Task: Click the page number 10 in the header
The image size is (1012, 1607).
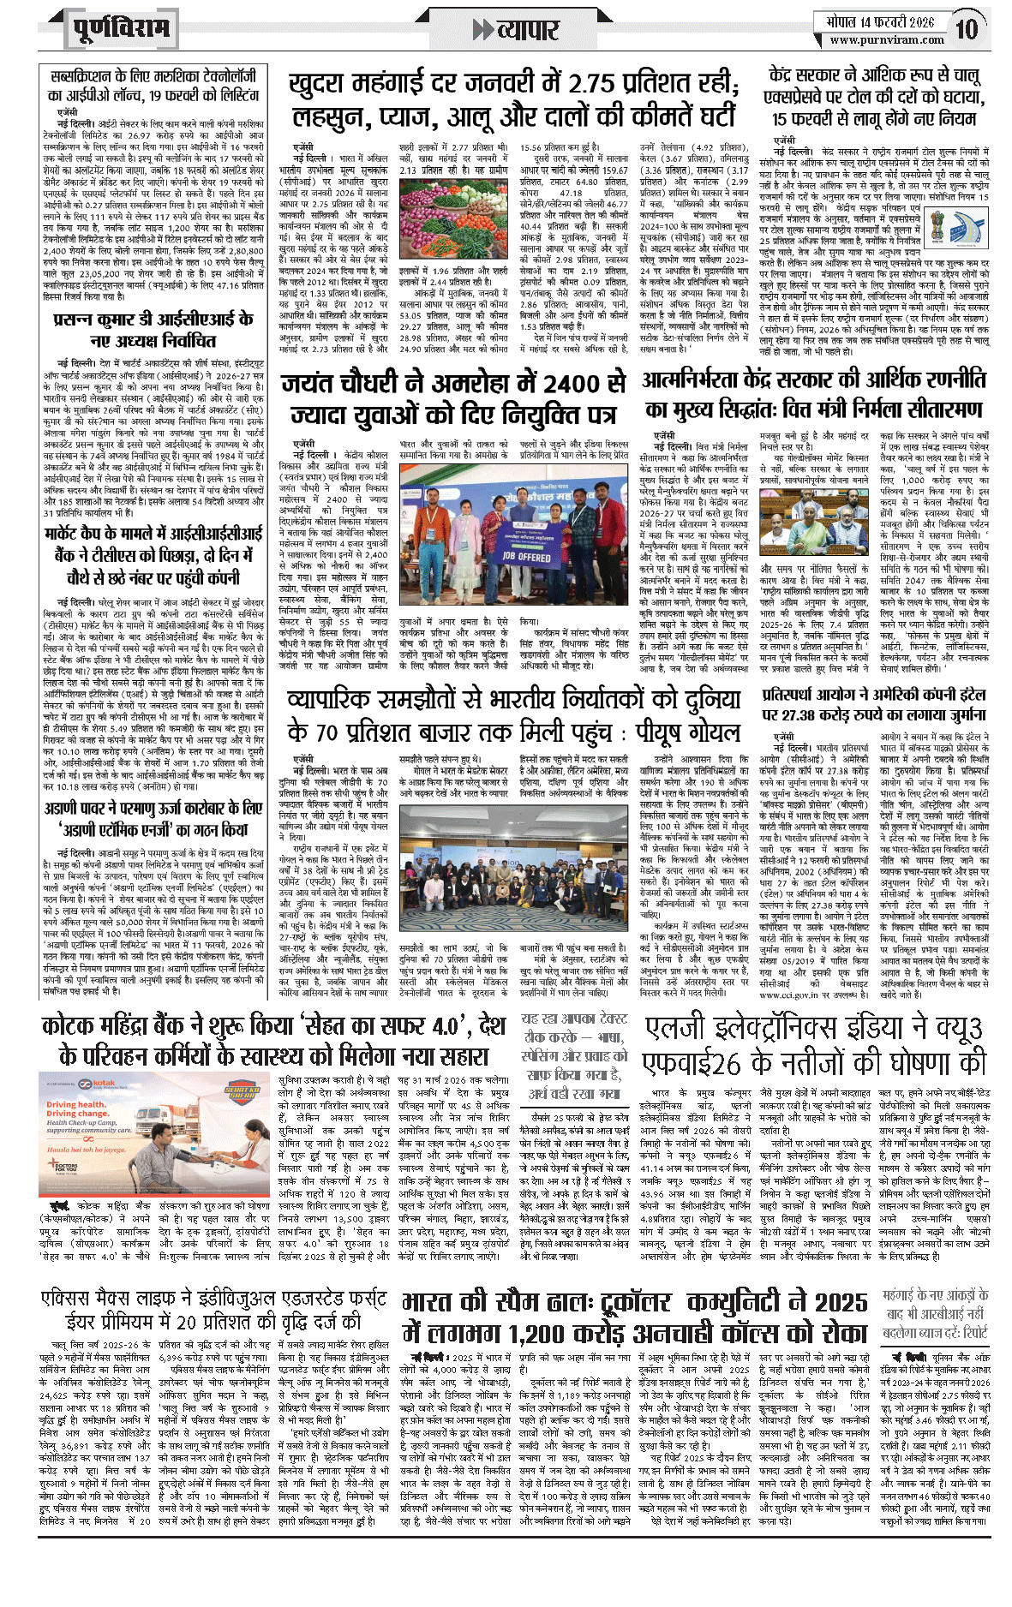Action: (967, 30)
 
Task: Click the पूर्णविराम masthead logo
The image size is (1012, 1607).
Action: (119, 28)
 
